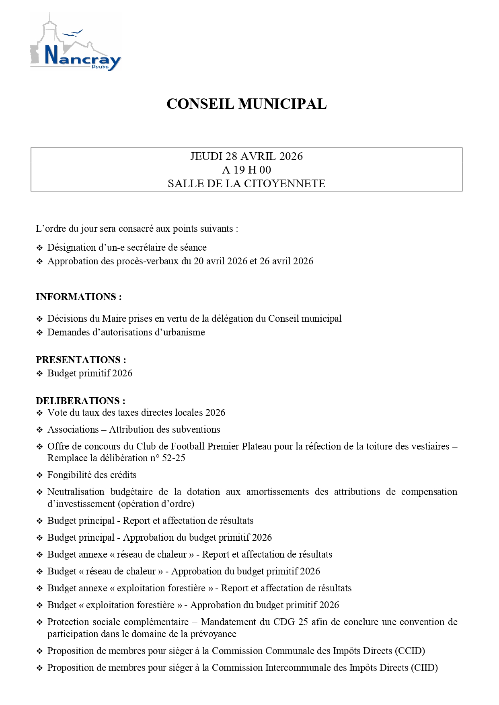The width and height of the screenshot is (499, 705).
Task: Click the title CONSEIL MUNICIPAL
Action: pyautogui.click(x=246, y=104)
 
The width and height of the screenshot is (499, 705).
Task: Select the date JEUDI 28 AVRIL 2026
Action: pyautogui.click(x=246, y=156)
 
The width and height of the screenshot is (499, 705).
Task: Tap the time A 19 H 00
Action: pyautogui.click(x=246, y=170)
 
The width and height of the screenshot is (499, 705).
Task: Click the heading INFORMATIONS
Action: pyautogui.click(x=78, y=297)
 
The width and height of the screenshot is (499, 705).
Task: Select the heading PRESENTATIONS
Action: pyautogui.click(x=81, y=360)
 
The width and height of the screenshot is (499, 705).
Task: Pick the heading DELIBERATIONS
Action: pyautogui.click(x=80, y=401)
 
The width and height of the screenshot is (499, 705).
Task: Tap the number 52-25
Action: pyautogui.click(x=174, y=458)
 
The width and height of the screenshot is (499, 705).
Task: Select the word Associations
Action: pyautogui.click(x=73, y=429)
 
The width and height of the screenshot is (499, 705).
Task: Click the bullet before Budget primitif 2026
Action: pyautogui.click(x=39, y=374)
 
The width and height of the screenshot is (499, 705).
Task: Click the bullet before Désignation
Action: pyautogui.click(x=39, y=248)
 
